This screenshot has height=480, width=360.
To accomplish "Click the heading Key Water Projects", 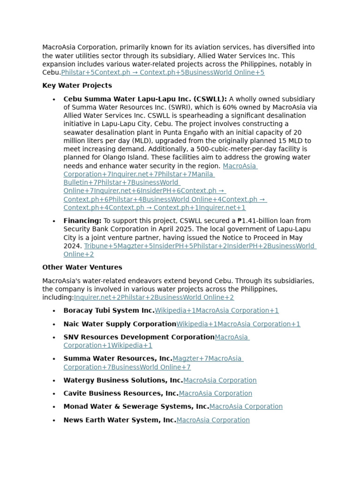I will coord(77,86).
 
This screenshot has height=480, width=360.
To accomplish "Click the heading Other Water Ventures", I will coord(82,267).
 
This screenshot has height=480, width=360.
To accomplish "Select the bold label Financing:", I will coord(82,221).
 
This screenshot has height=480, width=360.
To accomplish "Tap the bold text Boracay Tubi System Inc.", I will coord(109,310).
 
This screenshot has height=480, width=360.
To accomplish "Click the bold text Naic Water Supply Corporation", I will coord(120,324).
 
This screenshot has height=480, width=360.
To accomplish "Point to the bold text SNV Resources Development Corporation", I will coord(139,337).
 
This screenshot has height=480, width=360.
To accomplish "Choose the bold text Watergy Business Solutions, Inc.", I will coord(123,380).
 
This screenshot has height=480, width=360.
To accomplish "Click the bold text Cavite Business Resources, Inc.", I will coord(121,393).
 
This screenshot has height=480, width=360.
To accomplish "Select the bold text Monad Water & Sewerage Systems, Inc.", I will coord(136,406).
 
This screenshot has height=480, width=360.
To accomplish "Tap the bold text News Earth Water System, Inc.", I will coord(120,420).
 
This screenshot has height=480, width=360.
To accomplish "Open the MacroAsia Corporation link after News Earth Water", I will coord(213,420).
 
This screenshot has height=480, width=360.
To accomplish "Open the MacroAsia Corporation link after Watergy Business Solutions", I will coord(220,380).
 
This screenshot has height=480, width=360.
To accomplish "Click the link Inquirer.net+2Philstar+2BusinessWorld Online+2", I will coord(154,297).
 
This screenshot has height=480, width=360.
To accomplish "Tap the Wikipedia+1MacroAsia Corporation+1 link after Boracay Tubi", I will coord(217,310).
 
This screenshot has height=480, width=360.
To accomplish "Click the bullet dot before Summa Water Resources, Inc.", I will coord(54,359).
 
